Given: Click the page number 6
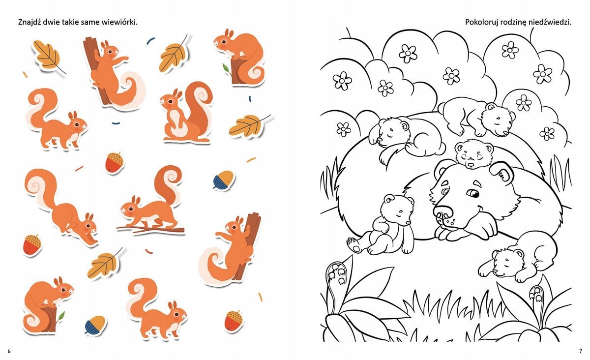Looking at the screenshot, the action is (9, 351).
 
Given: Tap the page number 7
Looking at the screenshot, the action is (581, 351).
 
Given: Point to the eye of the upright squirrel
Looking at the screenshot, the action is (171, 101).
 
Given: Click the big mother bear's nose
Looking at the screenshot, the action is (443, 211).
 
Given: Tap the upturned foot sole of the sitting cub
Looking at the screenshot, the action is (353, 244).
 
